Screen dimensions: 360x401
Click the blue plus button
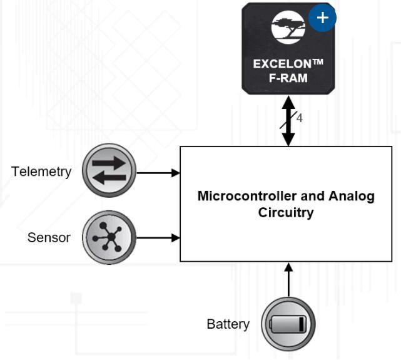(322, 17)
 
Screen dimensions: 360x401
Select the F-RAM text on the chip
(288, 78)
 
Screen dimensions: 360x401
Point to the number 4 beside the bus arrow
(300, 118)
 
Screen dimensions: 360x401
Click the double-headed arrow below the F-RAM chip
(288, 120)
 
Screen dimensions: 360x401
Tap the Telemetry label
(41, 172)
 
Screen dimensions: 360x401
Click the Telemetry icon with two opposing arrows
(109, 171)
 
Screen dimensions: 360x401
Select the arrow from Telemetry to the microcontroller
(158, 172)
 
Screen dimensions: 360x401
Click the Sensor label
(49, 237)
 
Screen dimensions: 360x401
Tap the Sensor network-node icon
(109, 237)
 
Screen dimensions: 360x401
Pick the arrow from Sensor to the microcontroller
(158, 238)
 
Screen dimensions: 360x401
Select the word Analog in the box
(352, 196)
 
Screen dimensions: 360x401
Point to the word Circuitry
(286, 212)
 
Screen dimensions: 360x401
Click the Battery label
(228, 324)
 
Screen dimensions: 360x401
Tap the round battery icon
(288, 324)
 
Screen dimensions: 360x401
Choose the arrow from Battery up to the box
(288, 280)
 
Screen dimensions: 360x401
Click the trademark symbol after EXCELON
(317, 64)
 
